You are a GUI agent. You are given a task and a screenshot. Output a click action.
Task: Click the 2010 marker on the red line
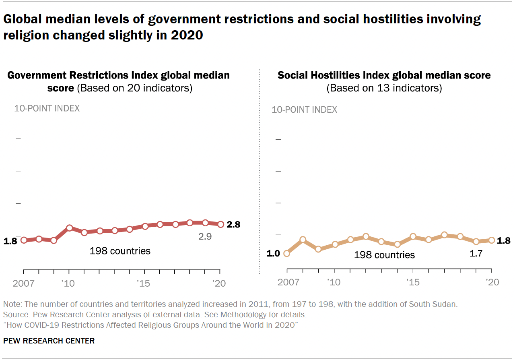[x=69, y=228]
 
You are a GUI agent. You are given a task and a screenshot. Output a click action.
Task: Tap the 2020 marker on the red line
[x=220, y=224]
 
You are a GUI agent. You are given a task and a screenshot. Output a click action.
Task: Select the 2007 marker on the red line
[x=24, y=240]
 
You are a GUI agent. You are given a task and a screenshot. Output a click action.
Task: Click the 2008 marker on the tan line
[x=303, y=240]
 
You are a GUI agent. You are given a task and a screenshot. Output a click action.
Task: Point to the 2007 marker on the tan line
[x=286, y=253]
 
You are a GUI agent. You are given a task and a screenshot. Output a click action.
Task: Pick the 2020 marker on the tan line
[x=491, y=240]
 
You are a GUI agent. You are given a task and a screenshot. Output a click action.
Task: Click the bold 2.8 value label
[x=233, y=225]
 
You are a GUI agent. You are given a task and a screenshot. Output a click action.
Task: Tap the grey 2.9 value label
[x=205, y=236]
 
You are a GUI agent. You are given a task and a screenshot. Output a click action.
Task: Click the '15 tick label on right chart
[x=412, y=282]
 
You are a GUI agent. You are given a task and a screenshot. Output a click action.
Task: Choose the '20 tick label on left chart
[x=219, y=283]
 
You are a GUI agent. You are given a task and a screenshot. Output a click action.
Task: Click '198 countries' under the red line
[x=120, y=251]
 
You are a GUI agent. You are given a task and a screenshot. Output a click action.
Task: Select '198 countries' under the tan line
[x=384, y=254]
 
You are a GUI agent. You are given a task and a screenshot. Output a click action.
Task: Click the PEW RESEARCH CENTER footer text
[x=49, y=341]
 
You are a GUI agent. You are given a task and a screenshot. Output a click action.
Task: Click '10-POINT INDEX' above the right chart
[x=304, y=110]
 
